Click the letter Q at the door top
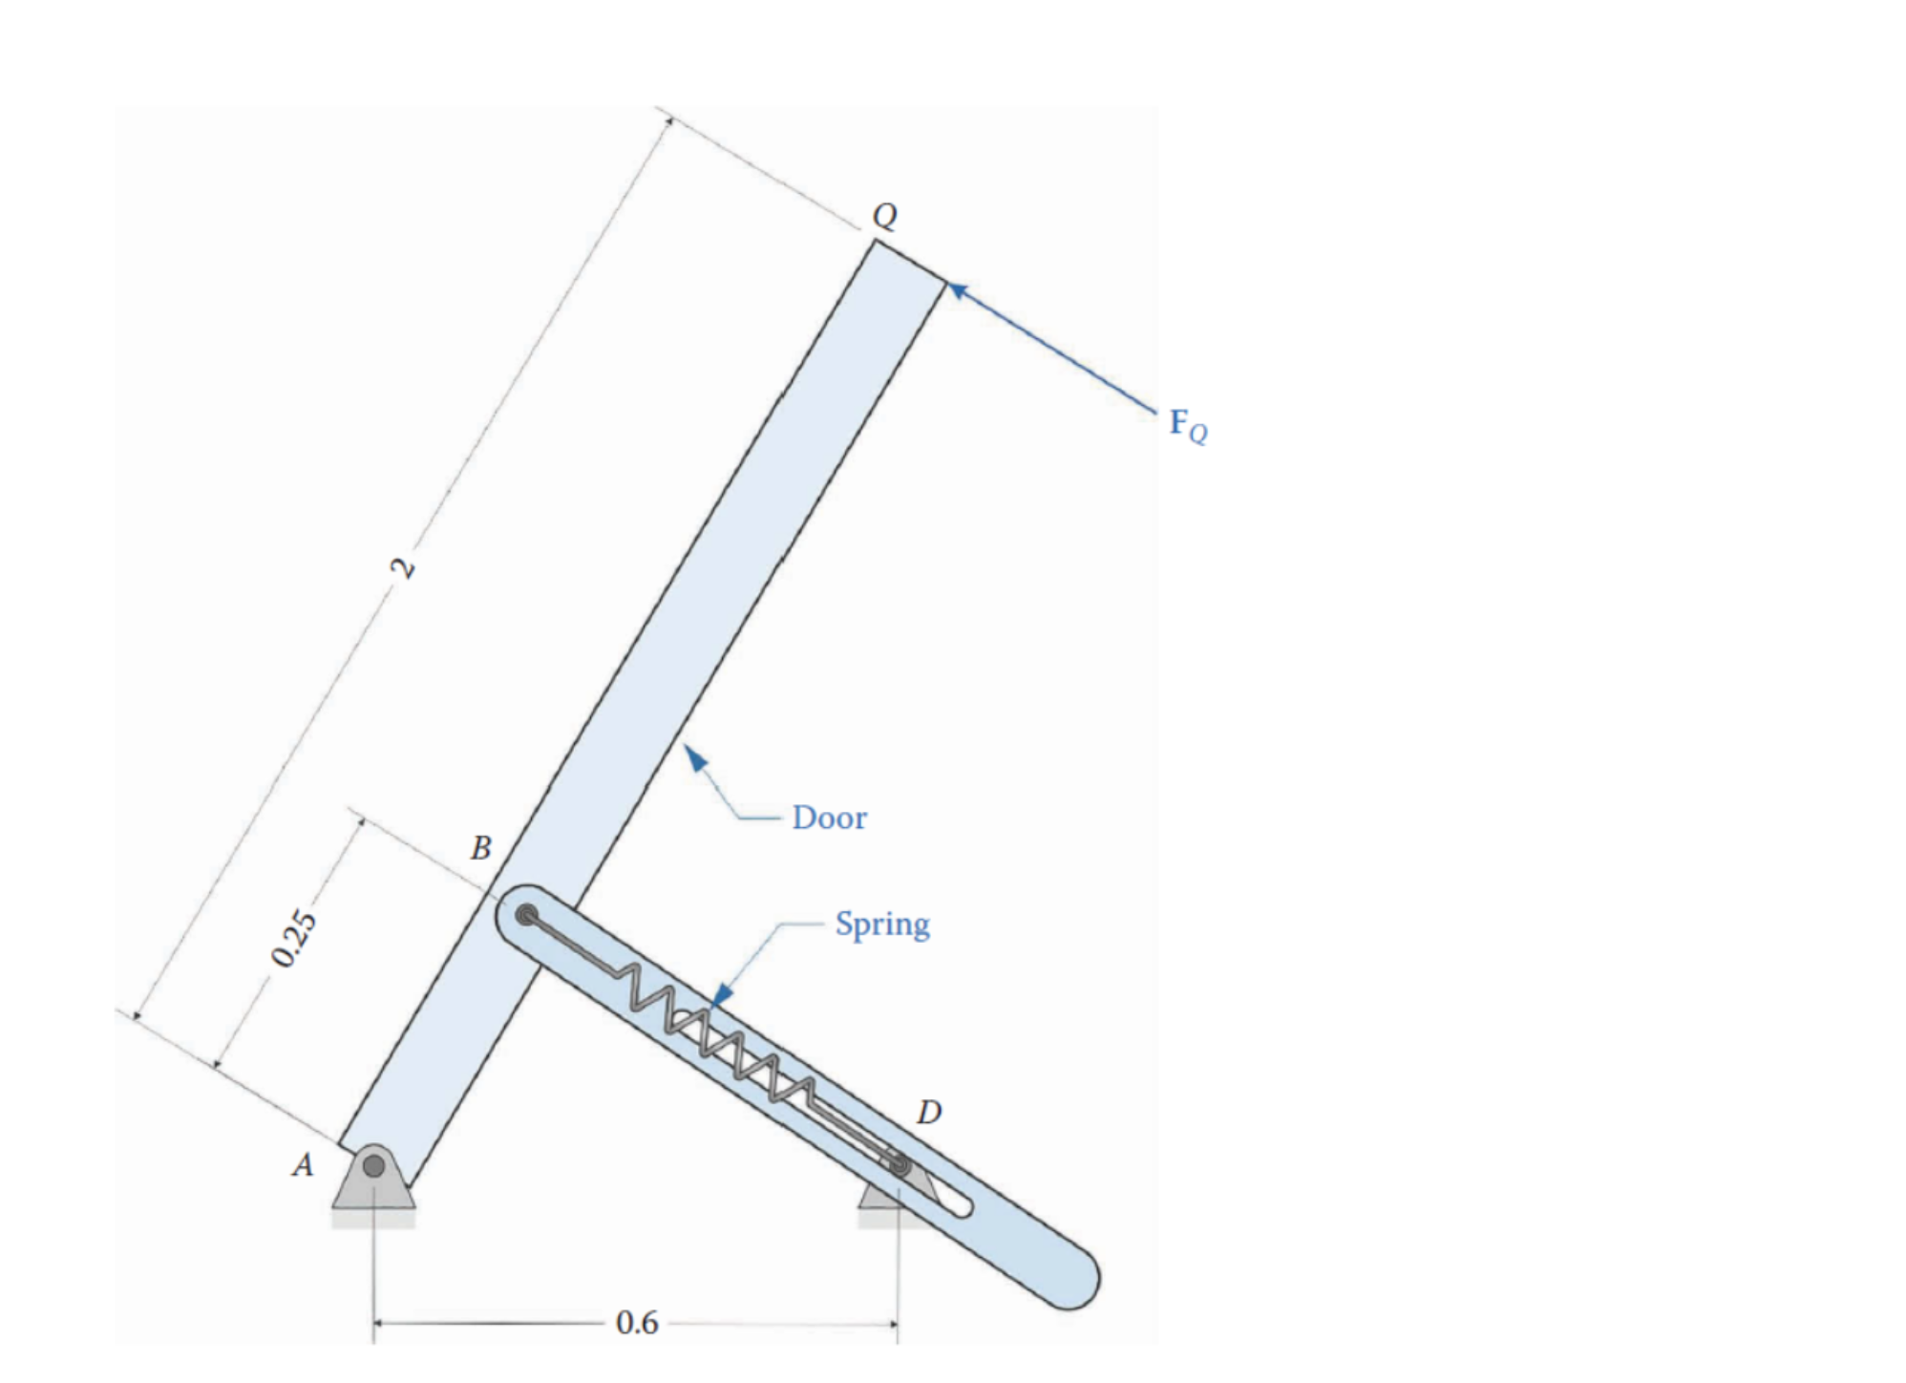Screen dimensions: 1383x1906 pyautogui.click(x=884, y=216)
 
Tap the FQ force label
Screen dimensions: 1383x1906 pyautogui.click(x=1188, y=425)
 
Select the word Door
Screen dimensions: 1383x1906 pyautogui.click(x=829, y=819)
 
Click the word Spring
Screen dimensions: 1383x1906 pyautogui.click(x=881, y=925)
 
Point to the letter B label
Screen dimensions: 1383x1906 pyautogui.click(x=481, y=847)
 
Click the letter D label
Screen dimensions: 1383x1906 pyautogui.click(x=928, y=1112)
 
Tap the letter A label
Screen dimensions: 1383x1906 pyautogui.click(x=303, y=1165)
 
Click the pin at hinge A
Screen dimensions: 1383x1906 pyautogui.click(x=374, y=1165)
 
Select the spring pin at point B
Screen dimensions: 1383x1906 pyautogui.click(x=526, y=916)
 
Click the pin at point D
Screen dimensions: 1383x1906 pyautogui.click(x=900, y=1164)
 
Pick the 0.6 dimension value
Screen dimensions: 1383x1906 pyautogui.click(x=637, y=1323)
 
